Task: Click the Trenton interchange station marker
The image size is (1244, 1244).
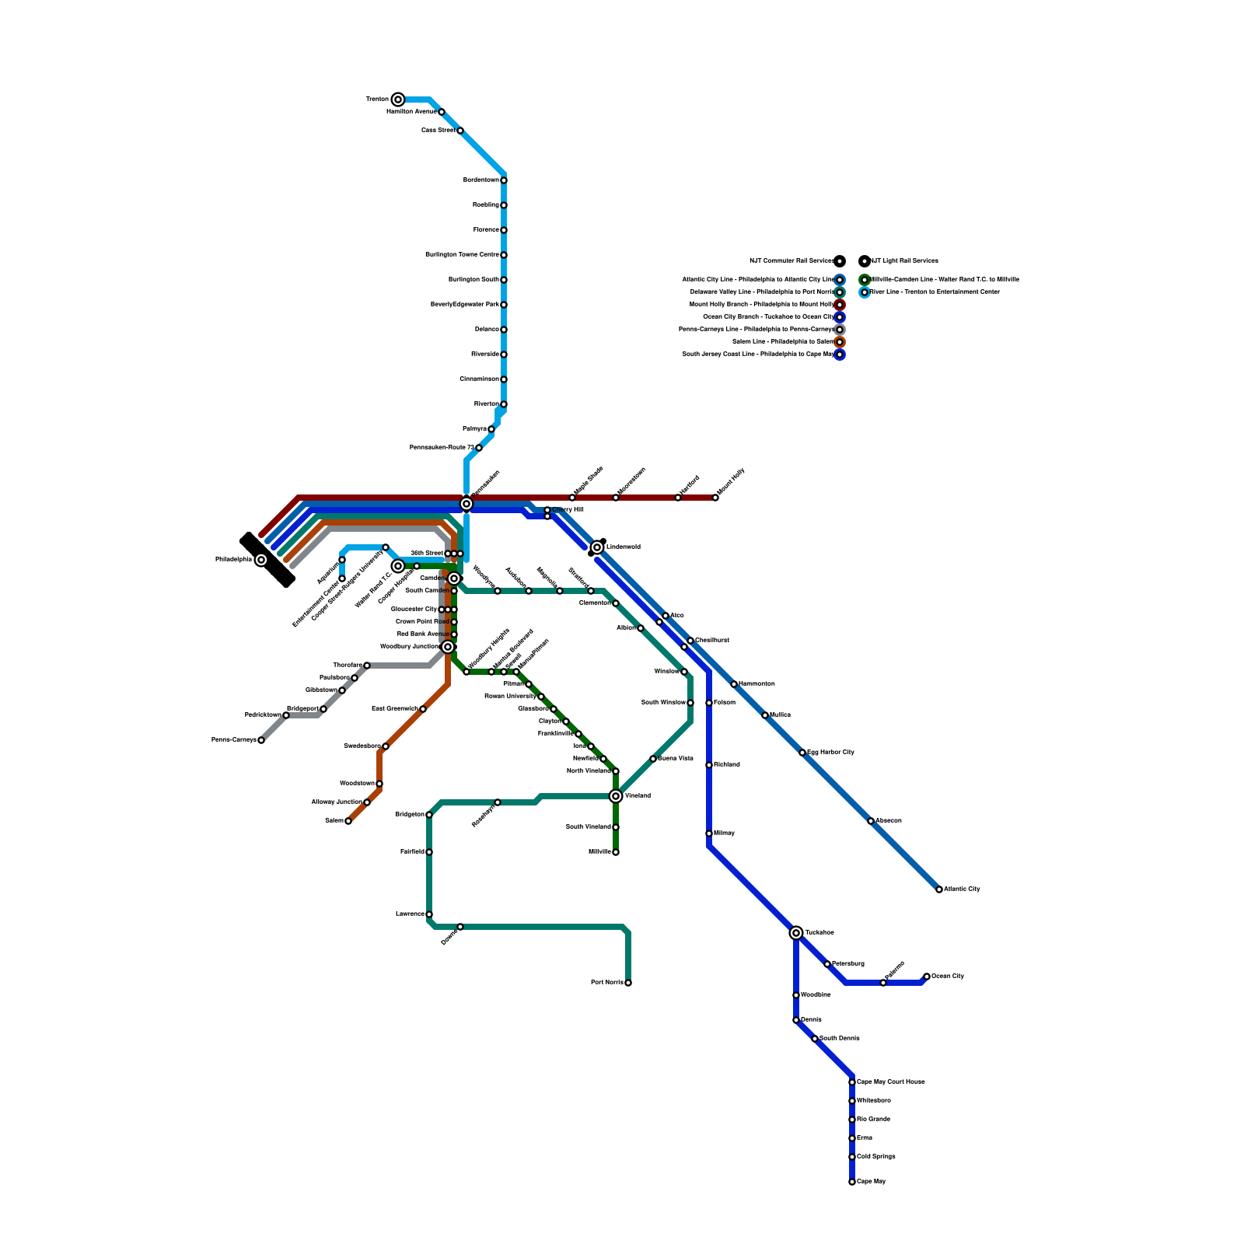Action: [398, 99]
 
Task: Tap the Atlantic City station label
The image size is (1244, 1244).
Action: [962, 889]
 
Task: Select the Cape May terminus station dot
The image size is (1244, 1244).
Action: [852, 1182]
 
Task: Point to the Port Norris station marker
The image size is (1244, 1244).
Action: [628, 983]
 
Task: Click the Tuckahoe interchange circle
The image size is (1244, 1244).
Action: [796, 932]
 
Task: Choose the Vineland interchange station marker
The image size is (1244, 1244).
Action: [616, 795]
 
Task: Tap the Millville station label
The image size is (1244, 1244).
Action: [599, 852]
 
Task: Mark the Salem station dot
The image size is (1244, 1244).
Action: [348, 821]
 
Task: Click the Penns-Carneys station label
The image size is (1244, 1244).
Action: [233, 740]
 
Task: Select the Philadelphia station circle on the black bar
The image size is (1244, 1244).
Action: [261, 560]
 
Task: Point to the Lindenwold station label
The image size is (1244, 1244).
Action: [624, 547]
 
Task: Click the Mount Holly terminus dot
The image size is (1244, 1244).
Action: [715, 498]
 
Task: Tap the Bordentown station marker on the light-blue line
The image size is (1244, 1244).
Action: [504, 180]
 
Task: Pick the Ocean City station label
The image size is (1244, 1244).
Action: [948, 976]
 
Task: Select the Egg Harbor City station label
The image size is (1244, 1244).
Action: [830, 752]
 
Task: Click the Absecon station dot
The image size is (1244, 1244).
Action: [871, 821]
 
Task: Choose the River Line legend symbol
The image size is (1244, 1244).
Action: [865, 292]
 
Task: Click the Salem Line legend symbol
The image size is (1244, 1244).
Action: [840, 342]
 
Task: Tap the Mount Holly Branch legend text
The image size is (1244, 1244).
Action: [761, 304]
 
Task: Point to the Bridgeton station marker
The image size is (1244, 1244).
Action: [429, 815]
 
